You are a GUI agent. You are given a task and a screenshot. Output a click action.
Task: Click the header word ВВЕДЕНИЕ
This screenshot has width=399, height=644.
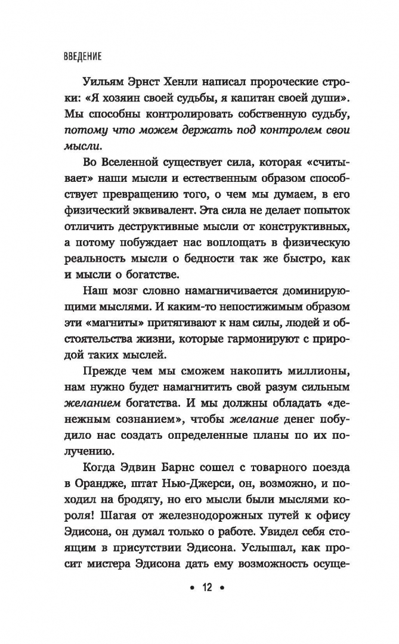82,57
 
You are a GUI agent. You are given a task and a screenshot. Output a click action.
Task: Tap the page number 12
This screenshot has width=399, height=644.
206,588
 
